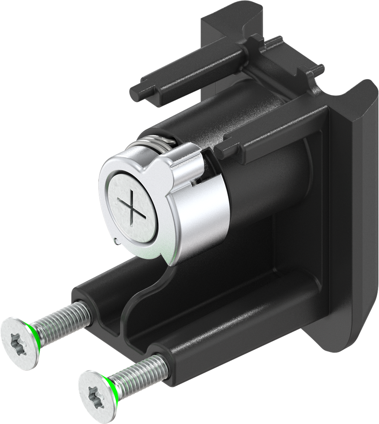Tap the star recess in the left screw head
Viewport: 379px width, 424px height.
coord(18,342)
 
